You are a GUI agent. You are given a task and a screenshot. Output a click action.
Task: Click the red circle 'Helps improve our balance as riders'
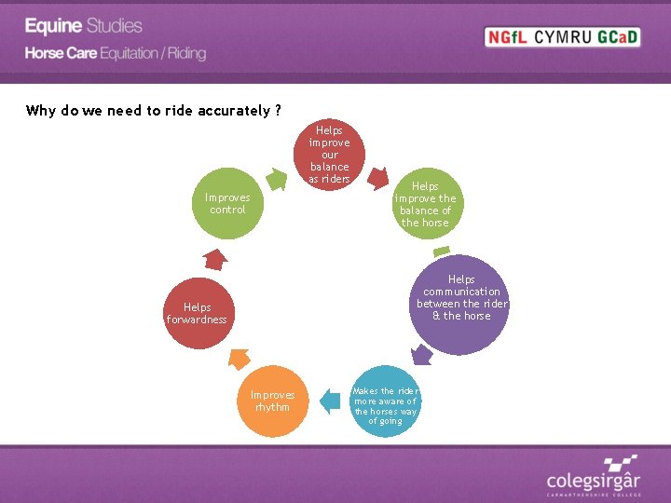pos(329,154)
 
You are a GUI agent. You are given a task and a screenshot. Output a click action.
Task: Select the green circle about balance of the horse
pos(425,204)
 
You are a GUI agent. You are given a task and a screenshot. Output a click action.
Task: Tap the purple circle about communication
pos(461,304)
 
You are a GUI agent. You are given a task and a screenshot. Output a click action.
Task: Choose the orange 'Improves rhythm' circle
pos(272,401)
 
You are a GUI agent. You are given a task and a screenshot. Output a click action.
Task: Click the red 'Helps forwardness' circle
pos(198,313)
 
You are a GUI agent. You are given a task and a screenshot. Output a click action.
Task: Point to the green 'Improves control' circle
pos(227,203)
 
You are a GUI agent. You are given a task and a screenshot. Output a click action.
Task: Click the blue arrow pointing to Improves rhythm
pos(329,401)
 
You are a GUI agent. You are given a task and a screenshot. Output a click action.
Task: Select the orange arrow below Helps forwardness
pos(237,359)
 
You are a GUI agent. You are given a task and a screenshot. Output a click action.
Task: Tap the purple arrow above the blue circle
pos(421,354)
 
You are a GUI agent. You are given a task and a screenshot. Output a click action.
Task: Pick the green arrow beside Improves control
pos(276,178)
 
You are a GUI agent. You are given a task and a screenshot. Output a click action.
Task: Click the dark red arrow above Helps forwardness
pos(213,258)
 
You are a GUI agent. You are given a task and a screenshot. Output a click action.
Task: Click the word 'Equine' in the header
pos(53,26)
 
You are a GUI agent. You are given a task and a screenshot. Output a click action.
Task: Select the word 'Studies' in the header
pos(115,26)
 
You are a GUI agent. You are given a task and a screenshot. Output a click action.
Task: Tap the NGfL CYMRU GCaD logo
pos(563,37)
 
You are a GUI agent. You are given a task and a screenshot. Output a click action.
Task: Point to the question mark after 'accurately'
pos(277,111)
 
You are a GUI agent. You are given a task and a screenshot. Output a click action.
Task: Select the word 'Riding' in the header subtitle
pos(186,53)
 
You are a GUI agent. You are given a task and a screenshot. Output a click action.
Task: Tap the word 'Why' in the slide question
pos(40,111)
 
